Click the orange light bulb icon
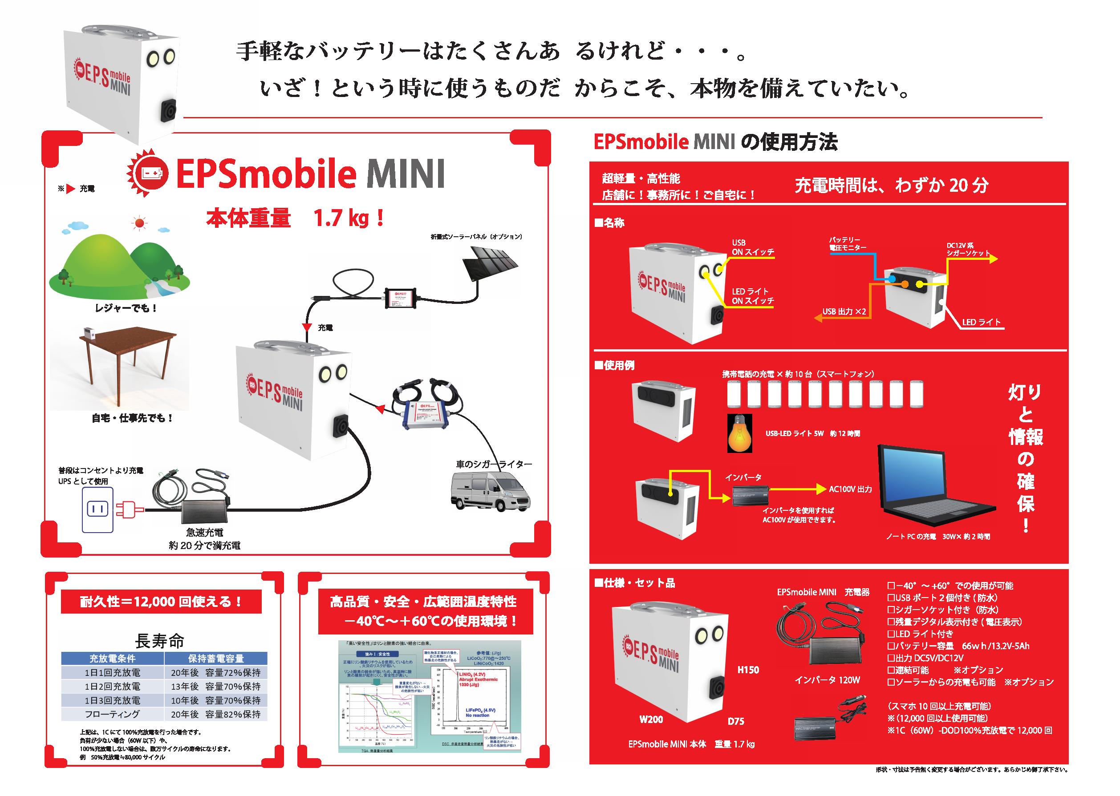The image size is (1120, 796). (x=739, y=432)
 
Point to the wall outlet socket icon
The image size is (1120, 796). (x=97, y=509)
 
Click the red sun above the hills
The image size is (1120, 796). (x=140, y=224)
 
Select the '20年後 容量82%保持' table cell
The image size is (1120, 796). (x=216, y=714)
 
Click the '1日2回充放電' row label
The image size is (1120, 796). (x=112, y=686)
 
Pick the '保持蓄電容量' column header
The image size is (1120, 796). (x=216, y=658)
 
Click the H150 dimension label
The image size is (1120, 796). (x=748, y=670)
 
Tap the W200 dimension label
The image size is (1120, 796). (x=651, y=719)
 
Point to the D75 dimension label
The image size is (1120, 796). (x=735, y=721)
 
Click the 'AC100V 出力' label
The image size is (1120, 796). (x=850, y=489)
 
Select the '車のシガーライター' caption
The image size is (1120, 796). (x=494, y=464)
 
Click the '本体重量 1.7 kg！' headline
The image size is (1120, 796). (x=295, y=218)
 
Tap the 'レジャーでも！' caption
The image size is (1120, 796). (x=126, y=308)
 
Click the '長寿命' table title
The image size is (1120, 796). (x=160, y=641)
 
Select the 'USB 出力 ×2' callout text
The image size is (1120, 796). (x=844, y=312)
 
